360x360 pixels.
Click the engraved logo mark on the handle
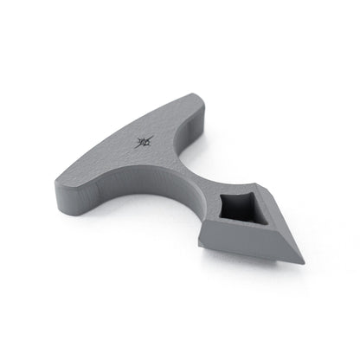pos(145,141)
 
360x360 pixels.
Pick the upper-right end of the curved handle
pos(201,96)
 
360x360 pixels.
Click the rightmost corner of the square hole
pos(258,208)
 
